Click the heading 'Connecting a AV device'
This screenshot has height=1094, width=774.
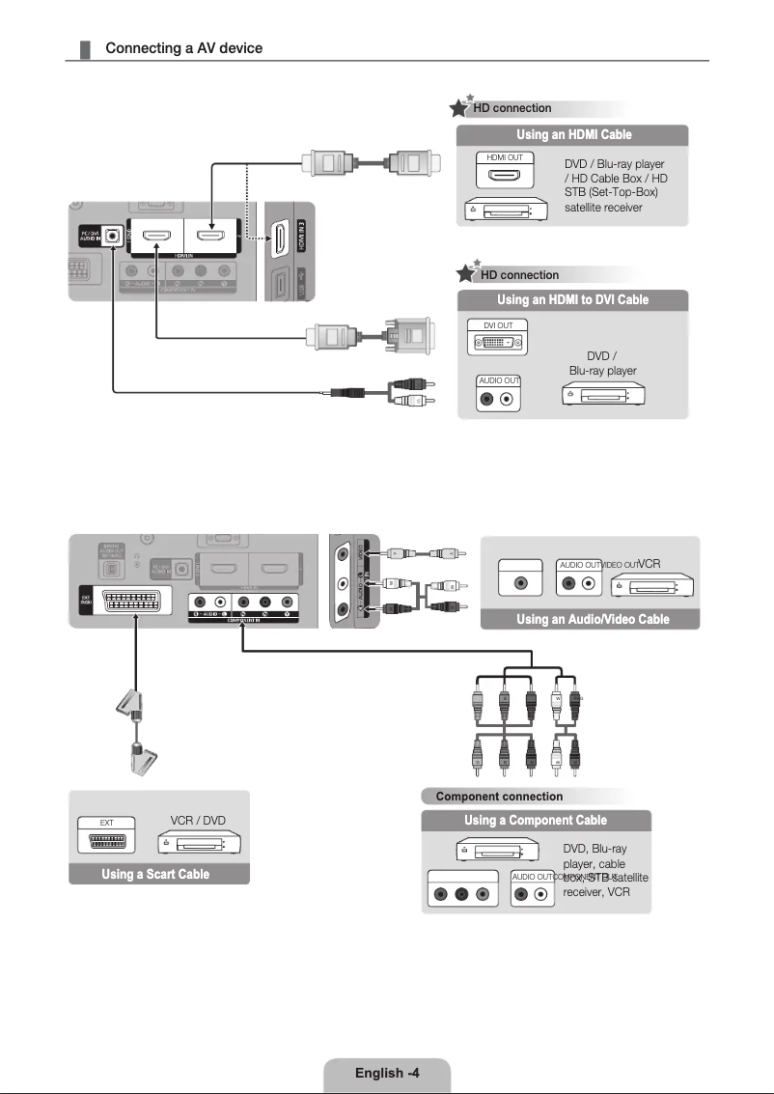(183, 48)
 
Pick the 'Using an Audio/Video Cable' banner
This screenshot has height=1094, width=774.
(593, 619)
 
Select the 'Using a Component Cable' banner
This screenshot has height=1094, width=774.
(536, 821)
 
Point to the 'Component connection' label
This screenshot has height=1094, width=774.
(499, 797)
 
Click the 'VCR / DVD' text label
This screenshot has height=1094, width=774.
(197, 821)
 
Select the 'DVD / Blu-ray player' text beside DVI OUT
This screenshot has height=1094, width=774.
(602, 364)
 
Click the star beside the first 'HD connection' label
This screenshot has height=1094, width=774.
(463, 106)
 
